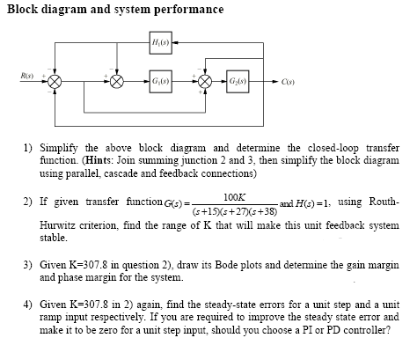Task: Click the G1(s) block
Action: [160, 80]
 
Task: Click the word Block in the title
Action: [25, 9]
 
